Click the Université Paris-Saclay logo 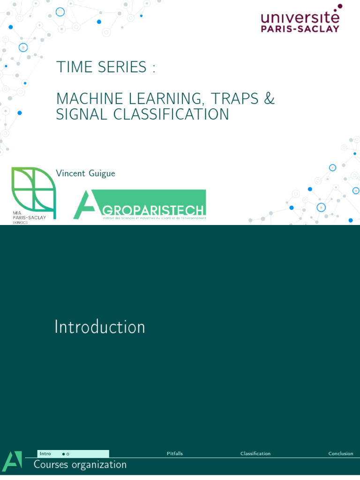(300, 20)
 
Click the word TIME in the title (72, 67)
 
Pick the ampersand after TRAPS (269, 99)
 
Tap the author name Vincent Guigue (85, 173)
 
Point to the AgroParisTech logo (140, 204)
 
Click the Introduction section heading (100, 327)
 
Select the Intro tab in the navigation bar (45, 454)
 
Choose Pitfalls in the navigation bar (175, 454)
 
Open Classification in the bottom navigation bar (255, 454)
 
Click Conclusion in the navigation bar (341, 454)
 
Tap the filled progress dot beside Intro (63, 454)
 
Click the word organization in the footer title (102, 465)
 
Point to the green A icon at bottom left (12, 462)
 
